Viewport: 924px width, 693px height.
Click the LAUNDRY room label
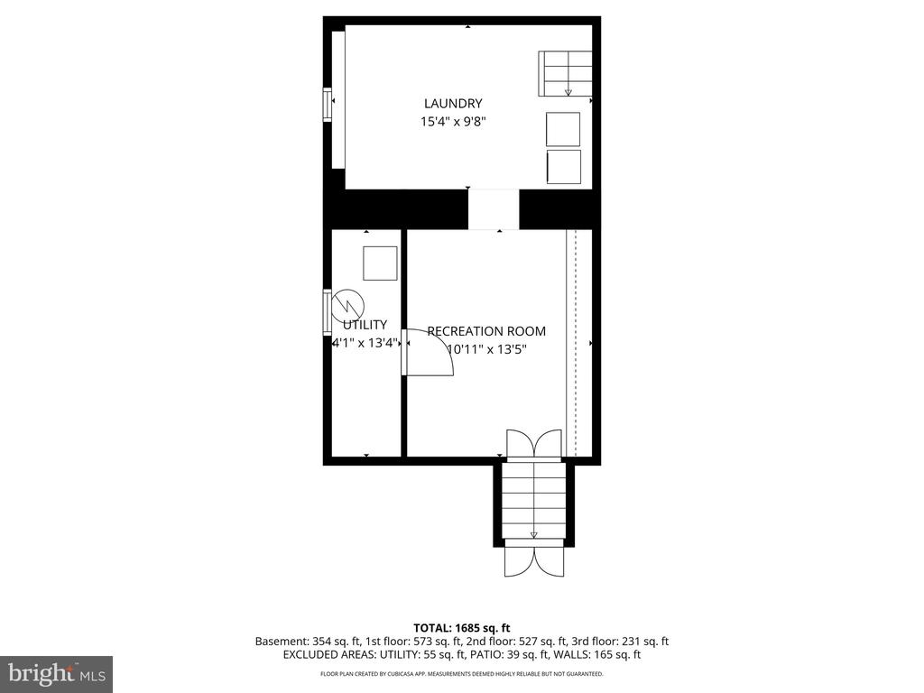(x=453, y=104)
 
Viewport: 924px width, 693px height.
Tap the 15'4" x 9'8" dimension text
(x=453, y=122)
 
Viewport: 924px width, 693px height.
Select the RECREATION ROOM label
(x=486, y=331)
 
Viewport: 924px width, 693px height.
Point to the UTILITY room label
(x=365, y=325)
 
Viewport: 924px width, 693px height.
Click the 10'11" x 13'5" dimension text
(x=486, y=349)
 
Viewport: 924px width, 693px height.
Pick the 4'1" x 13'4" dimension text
(x=365, y=343)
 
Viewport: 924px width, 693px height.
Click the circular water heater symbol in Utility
(x=347, y=306)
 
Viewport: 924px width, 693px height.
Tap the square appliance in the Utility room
(x=380, y=263)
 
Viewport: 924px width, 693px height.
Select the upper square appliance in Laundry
(x=563, y=129)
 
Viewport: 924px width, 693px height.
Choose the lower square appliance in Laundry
(x=564, y=167)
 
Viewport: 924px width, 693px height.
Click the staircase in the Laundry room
(x=565, y=74)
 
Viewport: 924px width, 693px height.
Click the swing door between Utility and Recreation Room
(x=427, y=352)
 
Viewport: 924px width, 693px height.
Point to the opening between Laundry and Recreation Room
(x=494, y=209)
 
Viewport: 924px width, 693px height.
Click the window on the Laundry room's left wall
(x=328, y=105)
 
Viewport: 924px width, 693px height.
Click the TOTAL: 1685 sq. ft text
(x=461, y=628)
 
